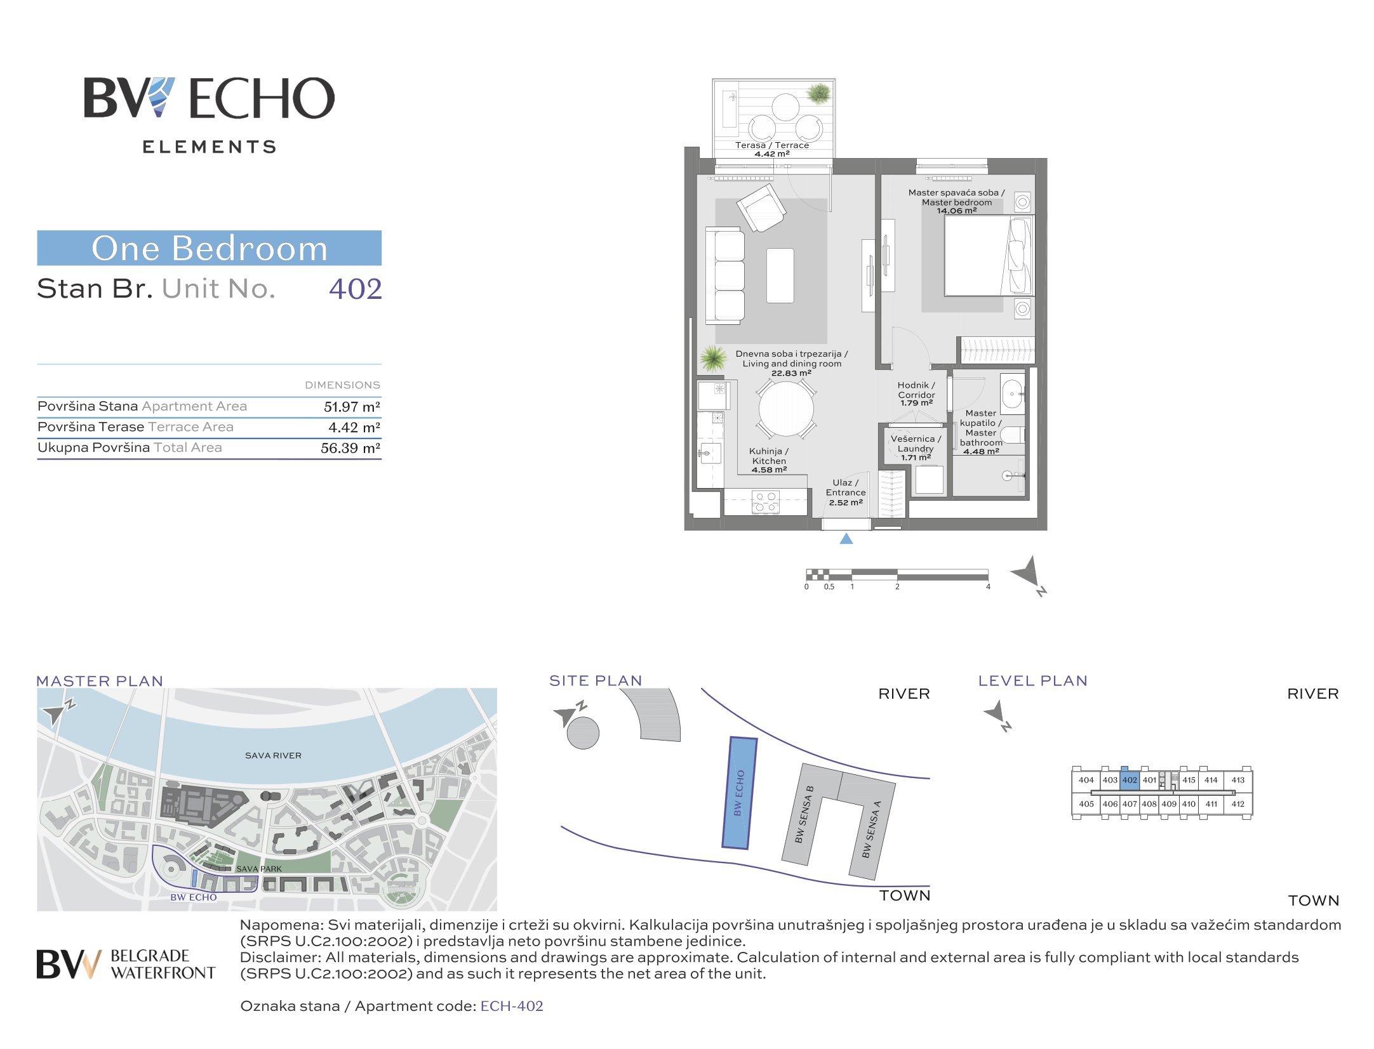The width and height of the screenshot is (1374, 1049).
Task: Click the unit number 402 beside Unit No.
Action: click(355, 289)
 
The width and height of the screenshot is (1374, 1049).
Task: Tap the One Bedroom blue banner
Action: click(210, 248)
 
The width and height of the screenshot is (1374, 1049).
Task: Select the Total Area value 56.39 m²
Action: click(350, 448)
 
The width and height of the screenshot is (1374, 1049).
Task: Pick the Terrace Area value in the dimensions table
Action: click(354, 428)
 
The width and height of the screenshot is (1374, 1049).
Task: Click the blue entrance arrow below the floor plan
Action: click(846, 539)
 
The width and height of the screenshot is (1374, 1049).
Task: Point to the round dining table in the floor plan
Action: click(786, 409)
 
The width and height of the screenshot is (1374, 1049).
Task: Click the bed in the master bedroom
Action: click(988, 255)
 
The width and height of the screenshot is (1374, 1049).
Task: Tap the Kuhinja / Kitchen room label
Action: click(769, 460)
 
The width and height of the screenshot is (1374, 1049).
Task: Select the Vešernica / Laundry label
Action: click(916, 447)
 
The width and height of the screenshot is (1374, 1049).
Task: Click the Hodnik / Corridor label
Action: click(916, 393)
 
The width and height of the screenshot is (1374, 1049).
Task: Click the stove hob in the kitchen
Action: click(766, 502)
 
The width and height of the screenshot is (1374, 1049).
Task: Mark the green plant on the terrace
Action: click(818, 94)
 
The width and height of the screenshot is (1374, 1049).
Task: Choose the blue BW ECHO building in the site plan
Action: click(740, 793)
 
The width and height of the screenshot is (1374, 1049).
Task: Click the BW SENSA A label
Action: click(871, 829)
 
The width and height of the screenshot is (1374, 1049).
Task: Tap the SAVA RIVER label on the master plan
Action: click(273, 755)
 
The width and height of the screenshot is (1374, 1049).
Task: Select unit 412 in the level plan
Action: click(1237, 803)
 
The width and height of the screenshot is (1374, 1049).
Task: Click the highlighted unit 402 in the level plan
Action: click(1130, 780)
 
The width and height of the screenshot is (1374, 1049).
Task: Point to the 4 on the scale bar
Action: click(988, 587)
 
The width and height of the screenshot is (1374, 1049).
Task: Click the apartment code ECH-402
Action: click(512, 1006)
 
